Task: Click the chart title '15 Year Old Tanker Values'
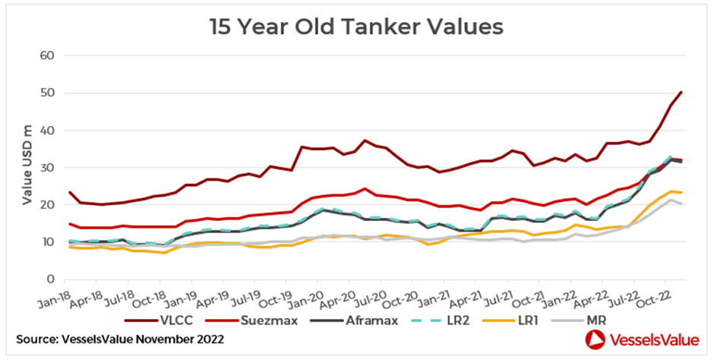click(356, 27)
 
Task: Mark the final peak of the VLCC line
click(681, 92)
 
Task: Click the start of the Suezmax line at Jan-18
click(69, 224)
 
